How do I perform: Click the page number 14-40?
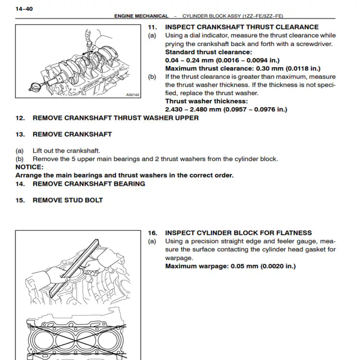(24, 8)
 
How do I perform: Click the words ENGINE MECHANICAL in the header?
(141, 16)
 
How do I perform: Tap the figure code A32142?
(132, 95)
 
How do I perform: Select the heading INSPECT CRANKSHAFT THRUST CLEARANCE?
(241, 27)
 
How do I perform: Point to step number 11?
(152, 27)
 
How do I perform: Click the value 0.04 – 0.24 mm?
(189, 60)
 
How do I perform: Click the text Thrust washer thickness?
(206, 101)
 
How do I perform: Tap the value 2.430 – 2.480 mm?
(194, 109)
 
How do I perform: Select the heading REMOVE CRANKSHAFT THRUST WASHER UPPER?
(115, 118)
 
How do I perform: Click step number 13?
(20, 134)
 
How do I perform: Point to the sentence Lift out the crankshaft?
(66, 151)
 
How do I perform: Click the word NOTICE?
(29, 167)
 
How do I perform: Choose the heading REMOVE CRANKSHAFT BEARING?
(89, 184)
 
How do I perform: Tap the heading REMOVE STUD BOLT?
(68, 200)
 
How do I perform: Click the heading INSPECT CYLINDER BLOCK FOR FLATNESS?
(238, 233)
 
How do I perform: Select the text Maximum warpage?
(197, 266)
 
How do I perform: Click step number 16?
(152, 233)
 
